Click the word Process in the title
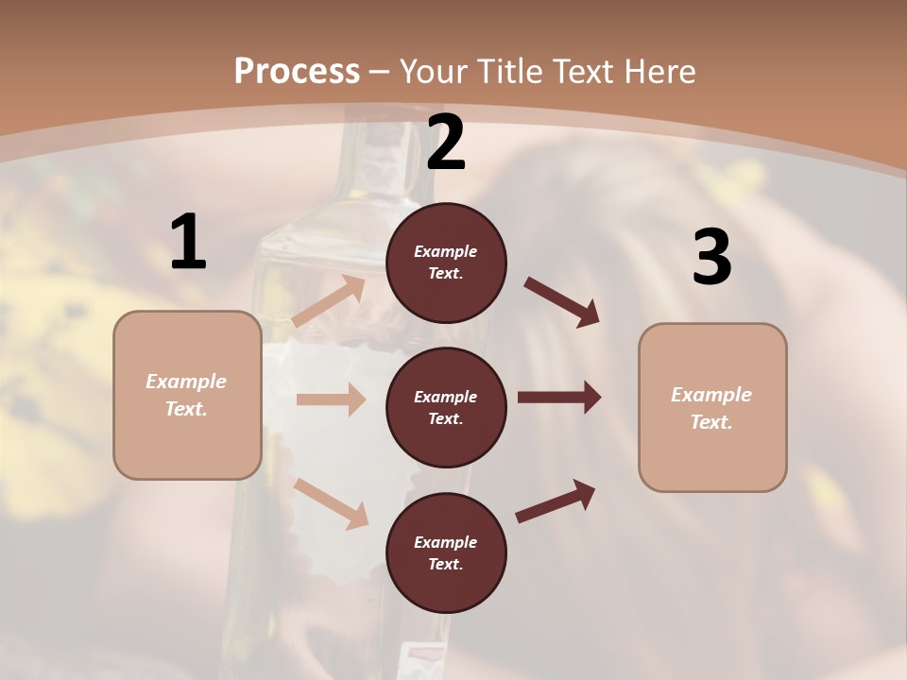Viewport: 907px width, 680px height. pos(297,72)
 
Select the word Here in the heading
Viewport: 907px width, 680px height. pos(659,72)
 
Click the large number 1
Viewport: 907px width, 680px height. pos(188,243)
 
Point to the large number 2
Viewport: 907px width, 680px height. pos(446,143)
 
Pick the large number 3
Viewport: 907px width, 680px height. pos(711,257)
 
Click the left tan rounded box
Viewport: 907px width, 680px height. pos(187,395)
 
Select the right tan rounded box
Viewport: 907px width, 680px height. pos(712,408)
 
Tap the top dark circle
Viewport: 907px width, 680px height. pos(446,263)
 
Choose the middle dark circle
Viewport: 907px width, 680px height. pos(446,408)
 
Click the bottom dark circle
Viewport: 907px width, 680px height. pos(446,553)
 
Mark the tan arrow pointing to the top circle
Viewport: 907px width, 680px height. pos(329,301)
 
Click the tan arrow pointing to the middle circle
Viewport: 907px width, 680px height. pos(331,399)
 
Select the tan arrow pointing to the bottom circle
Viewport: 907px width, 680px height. pos(331,503)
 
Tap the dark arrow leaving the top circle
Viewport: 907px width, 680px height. pos(562,302)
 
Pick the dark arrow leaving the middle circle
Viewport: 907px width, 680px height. pos(559,398)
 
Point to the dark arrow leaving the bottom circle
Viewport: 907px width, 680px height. pos(556,501)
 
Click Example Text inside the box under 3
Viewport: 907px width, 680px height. pos(711,408)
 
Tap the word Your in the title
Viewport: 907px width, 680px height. pos(435,72)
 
